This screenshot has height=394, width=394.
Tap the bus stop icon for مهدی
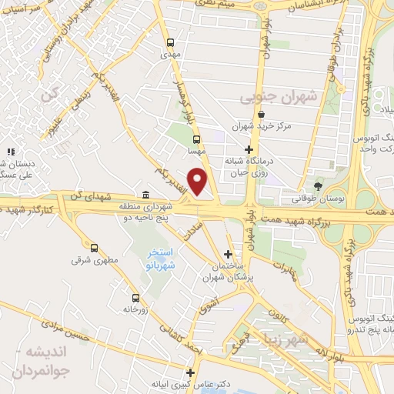point(169,43)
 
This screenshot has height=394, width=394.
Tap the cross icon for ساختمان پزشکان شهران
point(228,253)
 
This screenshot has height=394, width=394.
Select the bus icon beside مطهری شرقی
point(94,248)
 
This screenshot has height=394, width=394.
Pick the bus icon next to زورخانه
point(135,298)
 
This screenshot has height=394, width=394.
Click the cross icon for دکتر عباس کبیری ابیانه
point(190,372)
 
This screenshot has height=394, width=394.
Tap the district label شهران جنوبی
point(267,98)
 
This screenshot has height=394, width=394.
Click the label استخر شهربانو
point(162,259)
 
